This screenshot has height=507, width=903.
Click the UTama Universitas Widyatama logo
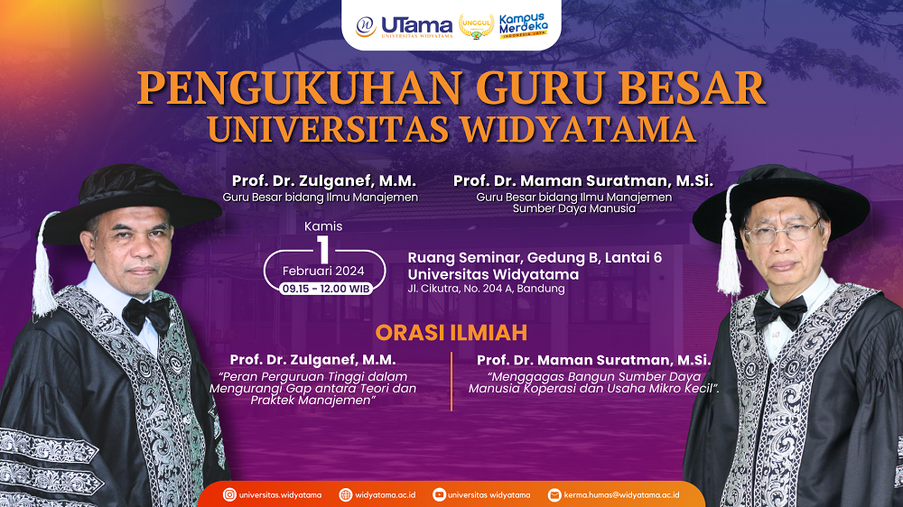point(404,26)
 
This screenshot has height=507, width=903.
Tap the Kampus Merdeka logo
point(523,26)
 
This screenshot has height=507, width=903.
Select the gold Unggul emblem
point(476,26)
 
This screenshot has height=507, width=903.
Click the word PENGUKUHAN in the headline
point(299,88)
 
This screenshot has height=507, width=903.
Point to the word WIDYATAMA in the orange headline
point(578,129)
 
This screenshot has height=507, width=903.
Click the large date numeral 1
point(323,249)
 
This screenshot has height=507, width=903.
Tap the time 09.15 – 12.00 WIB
point(325,289)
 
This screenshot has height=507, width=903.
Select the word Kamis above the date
point(323,226)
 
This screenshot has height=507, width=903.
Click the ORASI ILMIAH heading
point(451,333)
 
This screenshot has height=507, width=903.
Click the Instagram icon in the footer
point(229,495)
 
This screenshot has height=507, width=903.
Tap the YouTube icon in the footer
point(439,495)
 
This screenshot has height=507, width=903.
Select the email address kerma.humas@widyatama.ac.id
point(621,495)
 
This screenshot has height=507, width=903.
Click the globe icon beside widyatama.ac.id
point(346,495)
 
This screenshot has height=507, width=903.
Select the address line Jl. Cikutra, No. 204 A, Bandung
point(486,289)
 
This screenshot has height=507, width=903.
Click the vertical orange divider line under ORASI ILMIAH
point(451,382)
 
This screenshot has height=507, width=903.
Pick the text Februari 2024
point(323,271)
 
